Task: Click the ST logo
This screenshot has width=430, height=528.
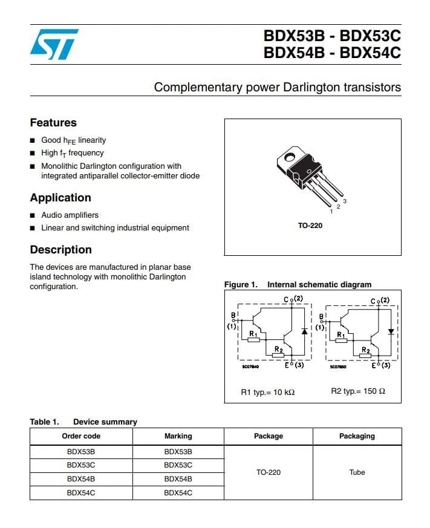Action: point(54,44)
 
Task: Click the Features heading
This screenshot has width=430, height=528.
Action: point(53,123)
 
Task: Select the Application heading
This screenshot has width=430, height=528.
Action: point(60,198)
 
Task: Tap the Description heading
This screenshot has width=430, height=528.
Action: point(61,250)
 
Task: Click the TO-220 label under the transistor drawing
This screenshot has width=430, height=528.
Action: point(310,226)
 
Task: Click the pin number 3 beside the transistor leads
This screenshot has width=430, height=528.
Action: point(344,201)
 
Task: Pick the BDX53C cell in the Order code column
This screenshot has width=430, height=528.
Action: point(81,465)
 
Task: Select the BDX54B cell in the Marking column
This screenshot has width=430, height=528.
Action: point(178,479)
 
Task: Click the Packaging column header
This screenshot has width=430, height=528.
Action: point(357,436)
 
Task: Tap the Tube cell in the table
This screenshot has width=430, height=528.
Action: point(357,472)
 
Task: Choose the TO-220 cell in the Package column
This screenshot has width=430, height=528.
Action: point(268,472)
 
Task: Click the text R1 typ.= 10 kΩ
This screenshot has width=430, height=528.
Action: point(267,392)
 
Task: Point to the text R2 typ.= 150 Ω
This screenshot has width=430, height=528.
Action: point(357,391)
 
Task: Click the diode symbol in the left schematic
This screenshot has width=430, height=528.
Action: point(304,331)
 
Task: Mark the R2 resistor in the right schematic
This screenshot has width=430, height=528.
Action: point(365,356)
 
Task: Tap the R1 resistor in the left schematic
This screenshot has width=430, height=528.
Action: point(254,339)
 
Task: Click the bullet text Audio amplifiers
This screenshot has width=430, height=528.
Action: point(70,215)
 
